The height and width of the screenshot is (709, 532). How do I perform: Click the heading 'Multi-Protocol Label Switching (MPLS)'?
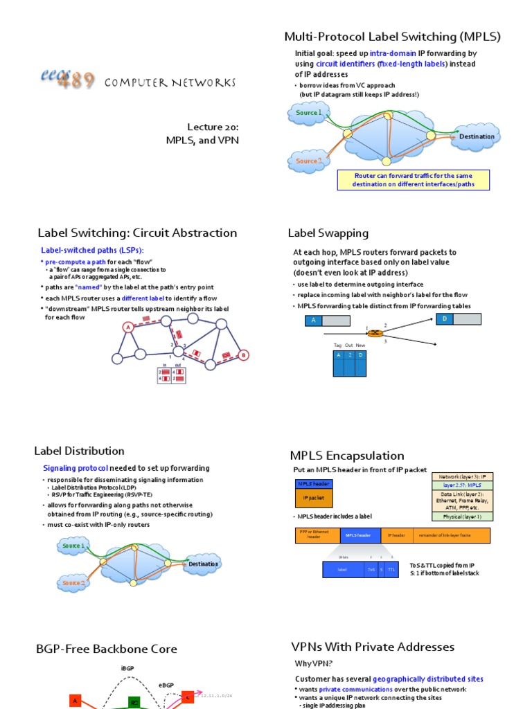click(392, 37)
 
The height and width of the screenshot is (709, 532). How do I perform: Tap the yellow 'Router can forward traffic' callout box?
click(414, 180)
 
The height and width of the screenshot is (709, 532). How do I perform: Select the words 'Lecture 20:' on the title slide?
click(213, 127)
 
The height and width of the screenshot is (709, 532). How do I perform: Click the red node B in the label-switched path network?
click(243, 355)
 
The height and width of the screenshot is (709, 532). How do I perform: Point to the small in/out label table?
click(172, 375)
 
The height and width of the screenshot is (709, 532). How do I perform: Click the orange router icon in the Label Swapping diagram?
click(375, 333)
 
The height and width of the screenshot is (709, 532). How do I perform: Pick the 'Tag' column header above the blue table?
click(338, 345)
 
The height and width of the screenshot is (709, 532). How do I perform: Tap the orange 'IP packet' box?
click(314, 499)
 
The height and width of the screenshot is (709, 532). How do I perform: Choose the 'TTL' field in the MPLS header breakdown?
click(391, 569)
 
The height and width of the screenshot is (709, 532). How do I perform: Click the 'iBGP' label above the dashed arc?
click(127, 668)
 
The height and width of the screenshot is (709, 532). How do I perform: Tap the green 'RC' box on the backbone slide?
click(134, 701)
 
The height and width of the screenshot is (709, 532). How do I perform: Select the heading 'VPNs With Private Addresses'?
click(373, 647)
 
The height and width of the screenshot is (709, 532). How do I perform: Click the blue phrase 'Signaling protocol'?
click(76, 468)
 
